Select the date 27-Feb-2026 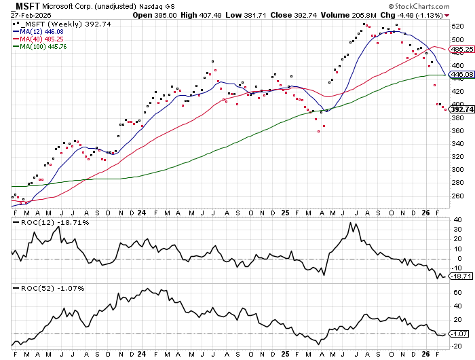coord(28,14)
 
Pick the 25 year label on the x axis coord(285,211)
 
